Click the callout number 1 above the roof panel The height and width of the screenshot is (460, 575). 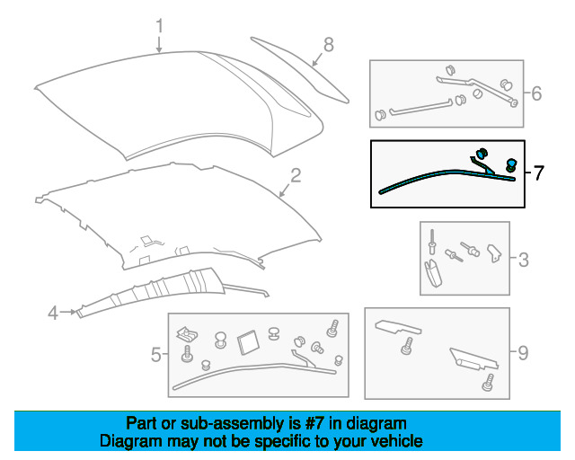[x=159, y=26]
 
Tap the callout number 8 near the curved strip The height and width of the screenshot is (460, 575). [x=329, y=45]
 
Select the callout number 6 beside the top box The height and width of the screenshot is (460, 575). [x=536, y=93]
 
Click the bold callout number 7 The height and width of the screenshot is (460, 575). [x=538, y=172]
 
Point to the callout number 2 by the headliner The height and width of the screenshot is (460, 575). [x=296, y=175]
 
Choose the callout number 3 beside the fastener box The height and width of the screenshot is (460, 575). [x=524, y=260]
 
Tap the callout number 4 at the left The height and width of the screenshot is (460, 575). [x=53, y=313]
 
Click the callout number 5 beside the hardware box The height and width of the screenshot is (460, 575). [x=155, y=355]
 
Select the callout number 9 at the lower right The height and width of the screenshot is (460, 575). [x=523, y=353]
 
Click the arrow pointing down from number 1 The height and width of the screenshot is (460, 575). [x=159, y=44]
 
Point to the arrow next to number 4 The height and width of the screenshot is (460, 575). [x=69, y=312]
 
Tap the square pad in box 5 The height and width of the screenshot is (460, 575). [x=248, y=342]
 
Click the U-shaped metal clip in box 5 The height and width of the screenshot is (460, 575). [x=187, y=334]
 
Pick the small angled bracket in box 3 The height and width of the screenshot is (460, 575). [x=493, y=253]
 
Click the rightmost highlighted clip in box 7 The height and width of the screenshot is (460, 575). [x=511, y=164]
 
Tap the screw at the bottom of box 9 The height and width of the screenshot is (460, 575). [x=488, y=383]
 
